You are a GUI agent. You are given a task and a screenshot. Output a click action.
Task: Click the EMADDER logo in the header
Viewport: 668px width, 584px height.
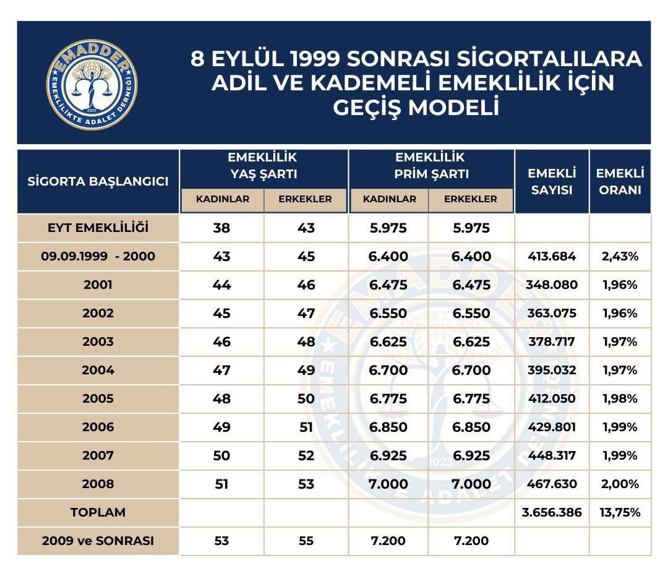pos(92,84)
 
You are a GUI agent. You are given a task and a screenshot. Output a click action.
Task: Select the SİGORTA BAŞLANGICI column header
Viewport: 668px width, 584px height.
pos(98,181)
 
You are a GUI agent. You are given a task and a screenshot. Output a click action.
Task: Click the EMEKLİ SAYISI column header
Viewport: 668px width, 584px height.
pos(552,181)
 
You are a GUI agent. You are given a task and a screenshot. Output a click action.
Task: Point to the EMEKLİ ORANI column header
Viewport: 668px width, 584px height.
pos(620,181)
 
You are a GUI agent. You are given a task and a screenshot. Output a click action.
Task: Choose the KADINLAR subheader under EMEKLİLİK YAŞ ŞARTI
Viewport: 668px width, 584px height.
pos(223,199)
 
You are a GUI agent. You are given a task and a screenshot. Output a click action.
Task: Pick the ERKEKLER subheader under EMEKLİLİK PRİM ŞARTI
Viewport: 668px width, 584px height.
pos(470,199)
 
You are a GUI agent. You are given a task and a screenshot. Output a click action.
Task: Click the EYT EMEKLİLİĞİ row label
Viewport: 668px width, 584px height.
pos(98,228)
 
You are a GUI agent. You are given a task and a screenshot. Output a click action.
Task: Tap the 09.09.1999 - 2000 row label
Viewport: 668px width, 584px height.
pos(98,256)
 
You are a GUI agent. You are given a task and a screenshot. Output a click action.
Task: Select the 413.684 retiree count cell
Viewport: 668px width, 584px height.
pos(552,256)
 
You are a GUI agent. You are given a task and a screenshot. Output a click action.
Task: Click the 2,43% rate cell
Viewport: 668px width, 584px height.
pos(620,256)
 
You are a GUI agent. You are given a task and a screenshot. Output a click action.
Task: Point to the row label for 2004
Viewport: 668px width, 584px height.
pos(98,370)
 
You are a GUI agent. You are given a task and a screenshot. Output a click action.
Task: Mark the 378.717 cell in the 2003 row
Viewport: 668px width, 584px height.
pos(552,341)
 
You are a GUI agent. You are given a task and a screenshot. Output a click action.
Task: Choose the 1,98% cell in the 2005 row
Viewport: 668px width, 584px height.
pos(620,398)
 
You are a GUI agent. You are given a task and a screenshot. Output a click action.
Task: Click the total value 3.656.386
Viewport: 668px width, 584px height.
pos(552,512)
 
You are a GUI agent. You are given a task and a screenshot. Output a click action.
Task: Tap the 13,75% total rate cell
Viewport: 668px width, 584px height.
pos(620,512)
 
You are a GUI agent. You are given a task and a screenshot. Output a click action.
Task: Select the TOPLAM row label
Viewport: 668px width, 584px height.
pos(98,512)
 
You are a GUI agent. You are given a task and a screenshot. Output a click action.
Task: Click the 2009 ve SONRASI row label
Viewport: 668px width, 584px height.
pos(98,541)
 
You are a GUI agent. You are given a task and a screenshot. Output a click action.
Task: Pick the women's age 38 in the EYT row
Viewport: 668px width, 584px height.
pos(221,228)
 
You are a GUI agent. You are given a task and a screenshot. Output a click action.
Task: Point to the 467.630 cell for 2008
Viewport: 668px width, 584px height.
pos(552,484)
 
